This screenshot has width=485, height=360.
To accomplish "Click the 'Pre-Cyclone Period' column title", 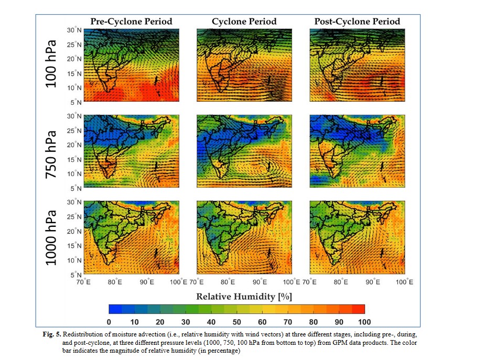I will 131,21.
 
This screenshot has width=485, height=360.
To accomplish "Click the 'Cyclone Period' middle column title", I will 244,21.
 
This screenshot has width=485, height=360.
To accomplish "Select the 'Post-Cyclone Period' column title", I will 357,21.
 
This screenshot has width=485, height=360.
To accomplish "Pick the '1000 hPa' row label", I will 52,237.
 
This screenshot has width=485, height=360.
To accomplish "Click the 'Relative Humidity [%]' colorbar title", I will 244,296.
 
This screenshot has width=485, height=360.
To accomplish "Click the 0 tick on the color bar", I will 109,321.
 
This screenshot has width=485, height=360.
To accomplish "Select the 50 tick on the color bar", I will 236,321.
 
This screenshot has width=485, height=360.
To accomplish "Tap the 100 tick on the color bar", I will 364,321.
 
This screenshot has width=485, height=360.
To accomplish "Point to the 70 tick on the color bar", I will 288,321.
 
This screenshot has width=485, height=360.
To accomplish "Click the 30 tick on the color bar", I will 186,321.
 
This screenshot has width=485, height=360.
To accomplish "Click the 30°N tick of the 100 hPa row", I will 74,30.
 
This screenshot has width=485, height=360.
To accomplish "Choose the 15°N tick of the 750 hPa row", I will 74,159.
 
